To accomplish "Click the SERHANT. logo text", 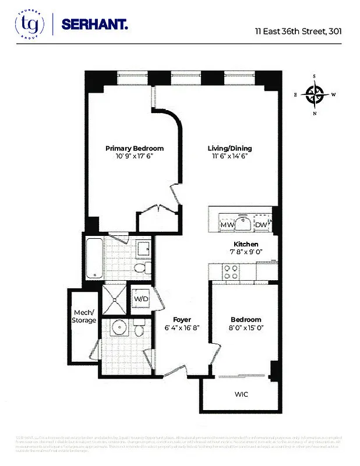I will point(96,25).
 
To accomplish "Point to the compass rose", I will point(315,94).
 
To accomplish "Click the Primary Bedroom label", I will point(135,149).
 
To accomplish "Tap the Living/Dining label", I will point(230,149).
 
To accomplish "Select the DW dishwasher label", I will point(260,225).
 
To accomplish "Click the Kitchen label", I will point(246,244).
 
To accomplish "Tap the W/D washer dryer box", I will point(141,299).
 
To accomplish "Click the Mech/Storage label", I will point(84,316).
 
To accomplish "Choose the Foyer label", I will point(182,320).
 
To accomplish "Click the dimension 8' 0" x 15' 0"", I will point(245,328).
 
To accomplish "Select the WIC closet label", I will point(241,394).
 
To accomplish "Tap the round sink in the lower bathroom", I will point(115,330).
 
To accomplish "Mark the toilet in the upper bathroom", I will point(139,268).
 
